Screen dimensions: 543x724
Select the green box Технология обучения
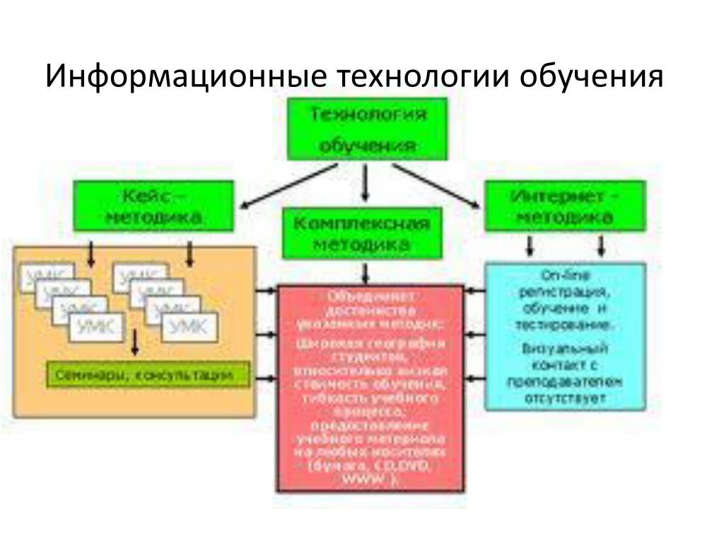click(x=367, y=129)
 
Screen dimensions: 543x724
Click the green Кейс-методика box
click(x=153, y=205)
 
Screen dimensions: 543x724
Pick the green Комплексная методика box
click(x=361, y=233)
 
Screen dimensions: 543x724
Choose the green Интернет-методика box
click(x=564, y=206)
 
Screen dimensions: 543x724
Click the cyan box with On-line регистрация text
click(x=564, y=336)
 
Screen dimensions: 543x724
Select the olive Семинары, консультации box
click(x=148, y=375)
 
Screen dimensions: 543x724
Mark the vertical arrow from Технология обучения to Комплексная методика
click(x=365, y=184)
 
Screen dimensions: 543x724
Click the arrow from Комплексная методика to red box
click(x=365, y=272)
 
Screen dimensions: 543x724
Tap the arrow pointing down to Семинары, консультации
click(x=134, y=346)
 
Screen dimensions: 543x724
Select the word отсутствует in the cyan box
click(x=565, y=399)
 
